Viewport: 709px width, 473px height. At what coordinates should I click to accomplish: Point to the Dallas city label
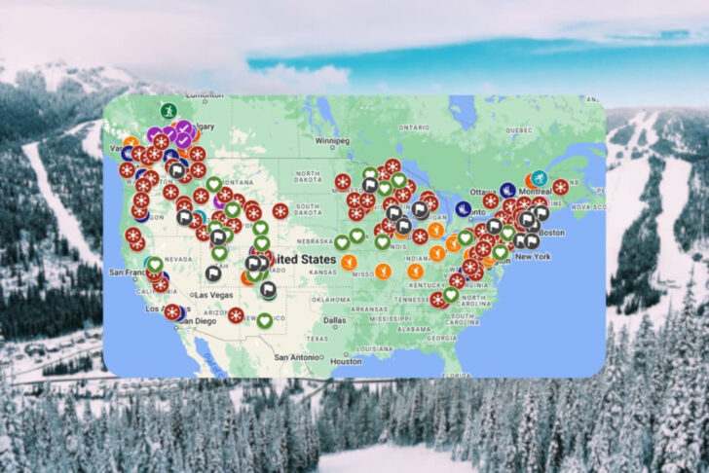(334, 319)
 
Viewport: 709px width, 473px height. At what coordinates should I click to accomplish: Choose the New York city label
(533, 256)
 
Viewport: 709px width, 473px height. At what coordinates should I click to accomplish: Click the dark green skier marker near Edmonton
(167, 111)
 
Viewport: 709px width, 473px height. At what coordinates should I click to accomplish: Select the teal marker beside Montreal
(540, 179)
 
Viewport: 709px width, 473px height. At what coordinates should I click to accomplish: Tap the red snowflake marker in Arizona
(235, 314)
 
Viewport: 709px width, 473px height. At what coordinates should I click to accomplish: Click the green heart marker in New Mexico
(265, 320)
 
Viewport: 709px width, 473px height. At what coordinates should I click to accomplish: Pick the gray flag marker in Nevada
(213, 273)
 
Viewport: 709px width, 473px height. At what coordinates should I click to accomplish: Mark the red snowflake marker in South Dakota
(280, 210)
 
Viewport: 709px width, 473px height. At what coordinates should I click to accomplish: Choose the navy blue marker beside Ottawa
(464, 208)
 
